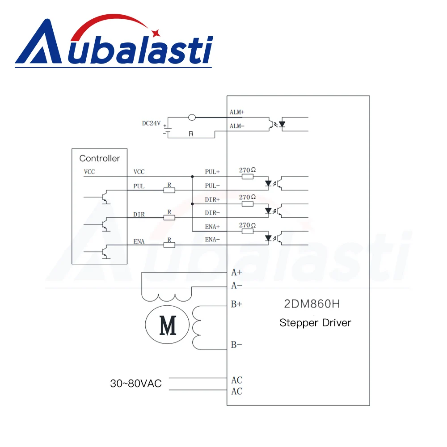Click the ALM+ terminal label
point(237,112)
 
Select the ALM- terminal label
point(237,126)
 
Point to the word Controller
point(100,158)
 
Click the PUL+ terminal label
point(212,172)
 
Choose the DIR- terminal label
point(212,213)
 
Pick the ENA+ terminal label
point(213,227)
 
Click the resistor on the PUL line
point(169,190)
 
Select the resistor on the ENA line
point(169,245)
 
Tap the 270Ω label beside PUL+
point(247,170)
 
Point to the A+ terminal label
point(236,272)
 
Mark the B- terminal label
point(236,345)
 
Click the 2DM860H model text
point(312,305)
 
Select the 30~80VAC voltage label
point(136,384)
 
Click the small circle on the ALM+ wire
point(192,118)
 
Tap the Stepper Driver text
point(315,323)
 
